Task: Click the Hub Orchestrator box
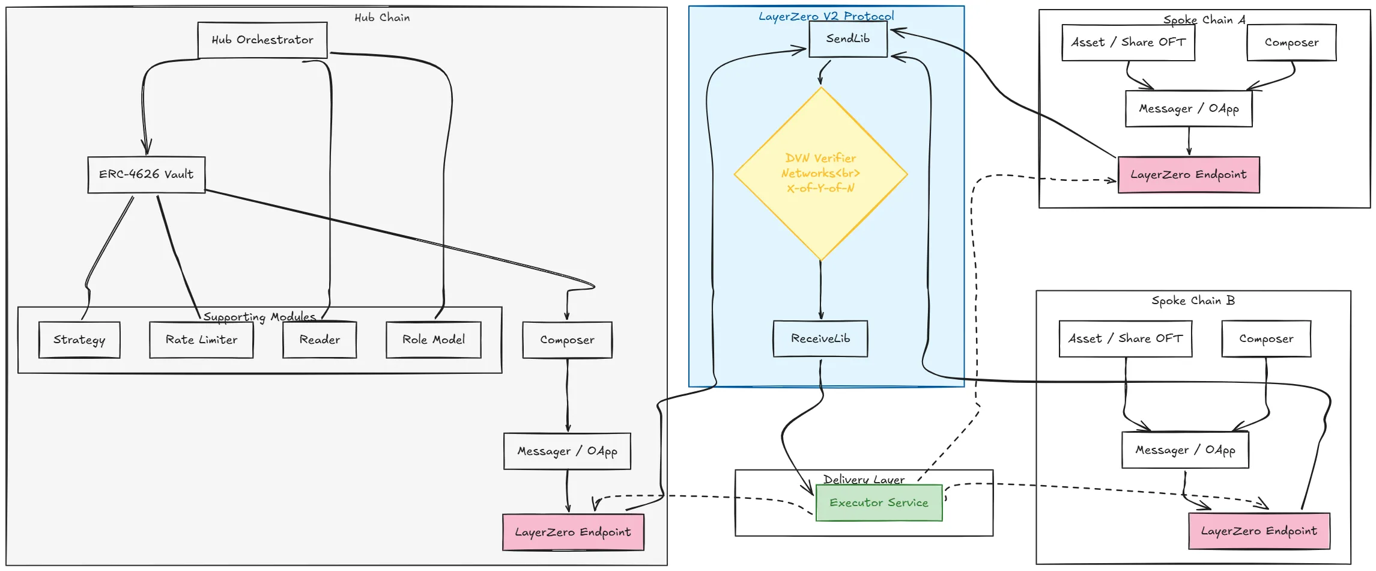point(262,40)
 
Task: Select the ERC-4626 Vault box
point(147,175)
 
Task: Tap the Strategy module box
point(79,340)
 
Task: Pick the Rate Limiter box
point(201,340)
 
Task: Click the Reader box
point(320,340)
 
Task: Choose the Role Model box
point(433,340)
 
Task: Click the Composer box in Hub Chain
point(567,340)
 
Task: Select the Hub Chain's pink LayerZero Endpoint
point(573,533)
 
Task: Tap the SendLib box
point(847,39)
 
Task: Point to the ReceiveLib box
point(820,339)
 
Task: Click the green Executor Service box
point(879,503)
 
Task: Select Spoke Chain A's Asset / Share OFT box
point(1128,43)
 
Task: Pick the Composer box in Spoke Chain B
point(1266,339)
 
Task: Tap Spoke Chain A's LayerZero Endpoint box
point(1188,175)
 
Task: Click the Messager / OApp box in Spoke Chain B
point(1185,450)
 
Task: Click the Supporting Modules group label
point(259,317)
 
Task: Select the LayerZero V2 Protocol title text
point(826,16)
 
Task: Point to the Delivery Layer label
point(864,480)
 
